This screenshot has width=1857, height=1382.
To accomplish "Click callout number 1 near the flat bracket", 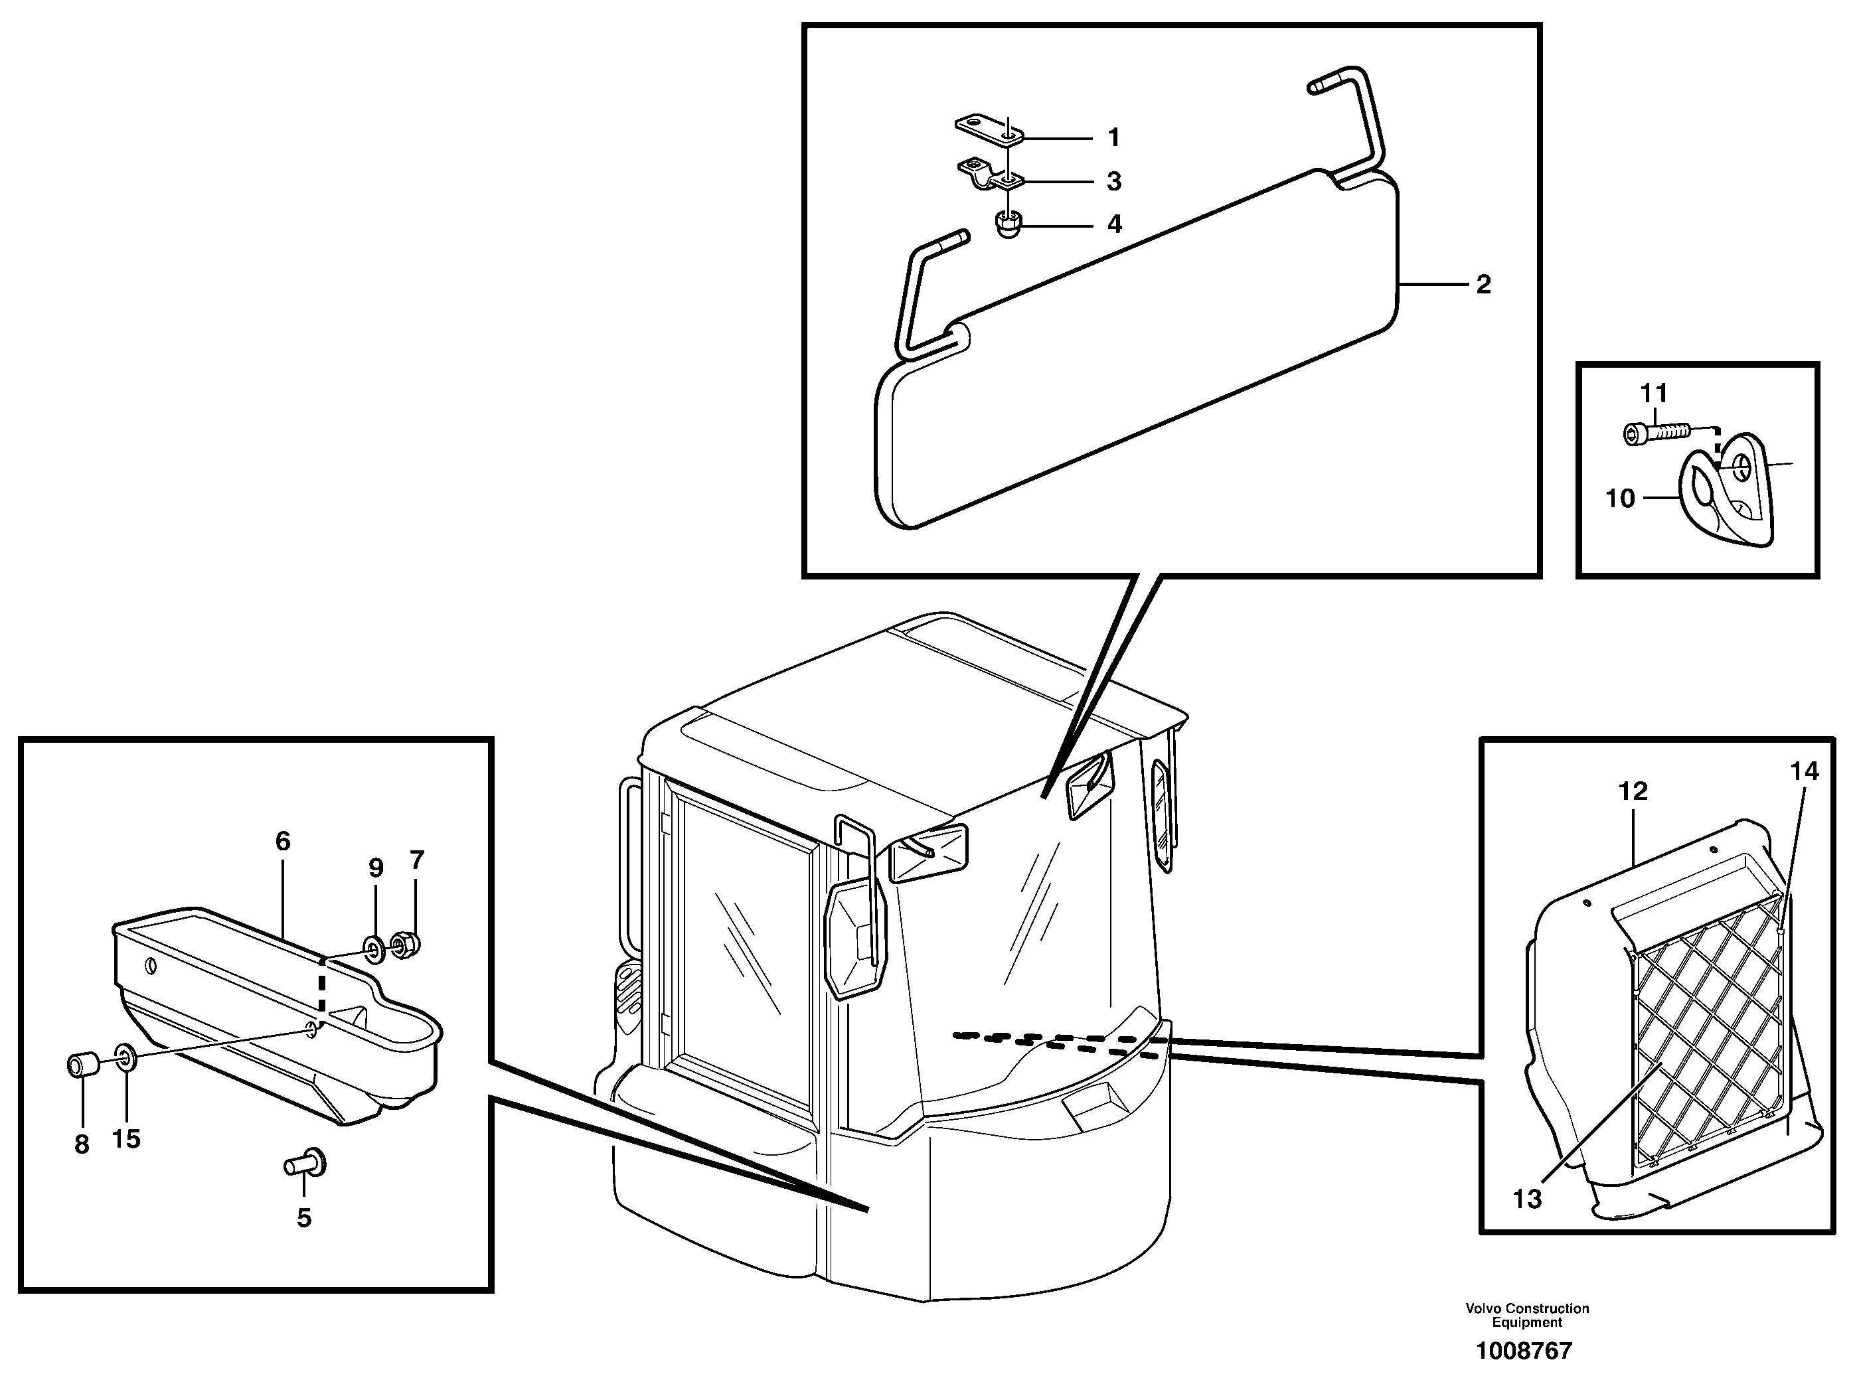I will tap(1113, 137).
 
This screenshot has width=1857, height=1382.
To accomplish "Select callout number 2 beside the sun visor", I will tap(1483, 285).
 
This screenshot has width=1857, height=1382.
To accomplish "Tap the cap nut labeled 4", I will tap(1007, 225).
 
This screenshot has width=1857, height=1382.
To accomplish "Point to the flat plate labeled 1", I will tap(987, 129).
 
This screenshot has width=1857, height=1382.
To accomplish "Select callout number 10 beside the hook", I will tap(1619, 499).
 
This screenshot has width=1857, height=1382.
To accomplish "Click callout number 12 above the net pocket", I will tap(1632, 791).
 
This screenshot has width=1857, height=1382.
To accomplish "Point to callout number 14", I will tap(1805, 771).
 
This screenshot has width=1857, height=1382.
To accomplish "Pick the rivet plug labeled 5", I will tap(306, 1163).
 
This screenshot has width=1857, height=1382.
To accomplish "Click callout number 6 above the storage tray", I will tap(283, 842).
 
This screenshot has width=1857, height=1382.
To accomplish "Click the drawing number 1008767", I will tap(1524, 1351).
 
